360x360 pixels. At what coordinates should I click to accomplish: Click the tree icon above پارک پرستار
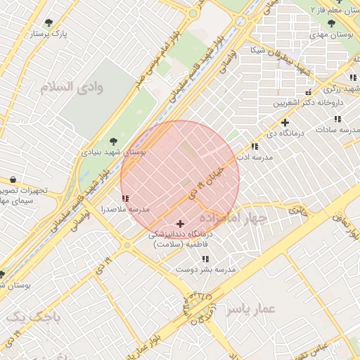coord(48,22)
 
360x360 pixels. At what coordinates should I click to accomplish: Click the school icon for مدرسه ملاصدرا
coord(125,199)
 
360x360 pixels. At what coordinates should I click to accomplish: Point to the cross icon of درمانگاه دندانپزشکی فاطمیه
coord(180,224)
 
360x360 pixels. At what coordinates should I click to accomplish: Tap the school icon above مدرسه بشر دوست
coord(205,259)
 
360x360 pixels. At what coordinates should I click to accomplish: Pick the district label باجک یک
coord(33,317)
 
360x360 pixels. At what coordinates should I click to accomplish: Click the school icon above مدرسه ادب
coord(254,146)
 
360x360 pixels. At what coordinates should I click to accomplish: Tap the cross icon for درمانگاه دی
coord(285,122)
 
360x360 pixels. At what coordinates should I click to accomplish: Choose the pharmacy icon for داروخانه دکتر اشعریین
coord(307,93)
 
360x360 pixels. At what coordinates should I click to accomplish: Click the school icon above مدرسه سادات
coord(338,119)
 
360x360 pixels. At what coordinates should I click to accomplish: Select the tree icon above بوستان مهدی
coord(331,23)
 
